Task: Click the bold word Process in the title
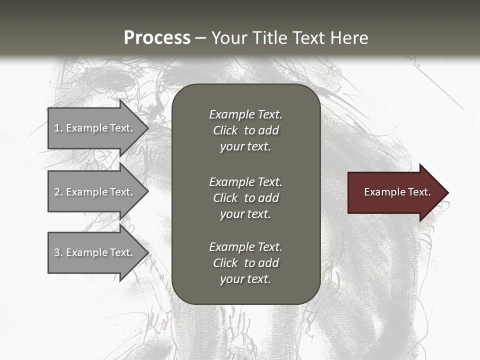pyautogui.click(x=157, y=38)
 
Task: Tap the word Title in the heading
pyautogui.click(x=270, y=38)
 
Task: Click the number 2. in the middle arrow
pyautogui.click(x=58, y=192)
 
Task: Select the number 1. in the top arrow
pyautogui.click(x=58, y=128)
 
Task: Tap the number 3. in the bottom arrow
pyautogui.click(x=58, y=252)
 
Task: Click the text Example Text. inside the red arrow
pyautogui.click(x=397, y=192)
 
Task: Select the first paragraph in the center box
pyautogui.click(x=245, y=130)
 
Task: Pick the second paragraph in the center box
pyautogui.click(x=245, y=198)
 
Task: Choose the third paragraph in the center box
pyautogui.click(x=245, y=263)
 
